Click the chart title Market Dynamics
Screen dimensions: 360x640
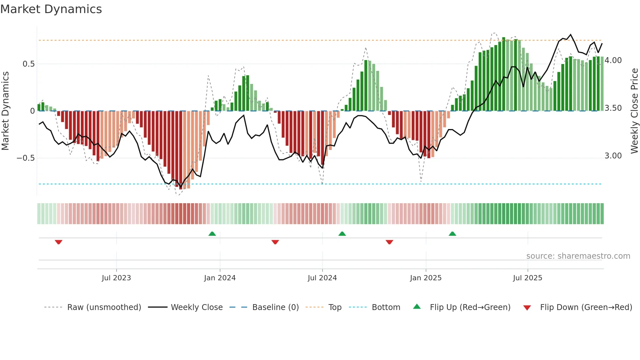click(51, 9)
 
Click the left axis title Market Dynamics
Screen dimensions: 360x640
click(5, 111)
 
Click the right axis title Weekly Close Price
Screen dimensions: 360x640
click(634, 111)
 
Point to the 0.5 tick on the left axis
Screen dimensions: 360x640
click(28, 64)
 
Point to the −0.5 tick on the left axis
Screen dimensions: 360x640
click(26, 158)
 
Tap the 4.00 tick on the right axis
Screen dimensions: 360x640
click(613, 60)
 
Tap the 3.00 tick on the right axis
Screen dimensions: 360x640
click(613, 156)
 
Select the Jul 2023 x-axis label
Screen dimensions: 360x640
click(116, 278)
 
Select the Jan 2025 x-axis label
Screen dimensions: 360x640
click(425, 278)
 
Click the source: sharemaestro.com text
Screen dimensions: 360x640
click(578, 256)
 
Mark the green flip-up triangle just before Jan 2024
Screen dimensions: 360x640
click(212, 234)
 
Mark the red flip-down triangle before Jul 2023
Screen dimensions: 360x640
click(58, 242)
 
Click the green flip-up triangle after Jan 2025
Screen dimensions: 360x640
click(452, 234)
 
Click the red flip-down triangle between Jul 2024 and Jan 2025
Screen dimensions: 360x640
click(389, 242)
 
